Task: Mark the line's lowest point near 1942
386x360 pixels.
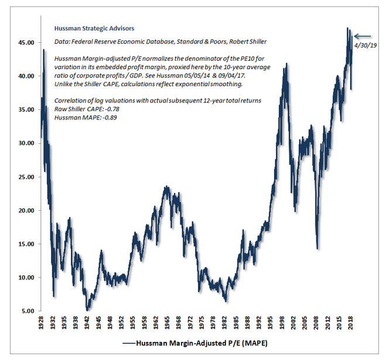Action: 87,309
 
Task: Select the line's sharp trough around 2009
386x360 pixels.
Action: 317,248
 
